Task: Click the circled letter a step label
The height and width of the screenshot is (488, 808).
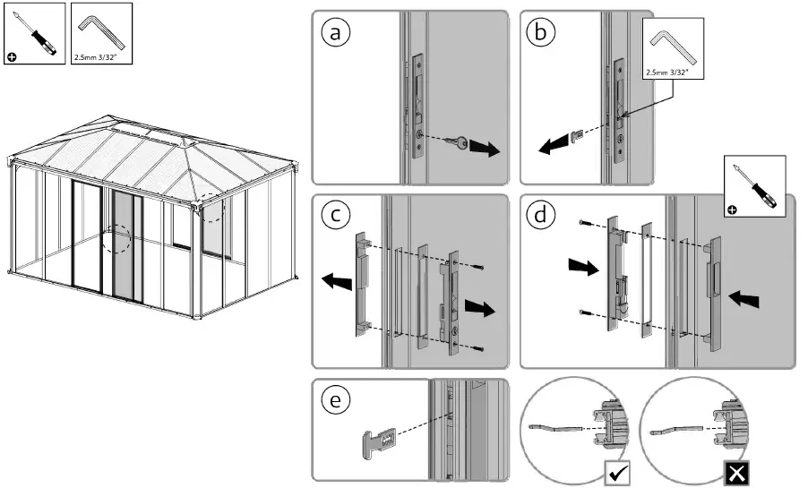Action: [x=336, y=33]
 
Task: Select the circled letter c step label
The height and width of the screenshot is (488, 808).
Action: [x=336, y=216]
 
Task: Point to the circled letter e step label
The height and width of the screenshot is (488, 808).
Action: [x=336, y=400]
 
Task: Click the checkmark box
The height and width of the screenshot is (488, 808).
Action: [x=618, y=472]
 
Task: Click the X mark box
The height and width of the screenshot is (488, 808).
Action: [x=735, y=472]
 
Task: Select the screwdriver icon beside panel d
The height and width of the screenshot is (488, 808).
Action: [x=754, y=185]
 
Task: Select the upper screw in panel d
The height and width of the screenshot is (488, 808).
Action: [x=584, y=221]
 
